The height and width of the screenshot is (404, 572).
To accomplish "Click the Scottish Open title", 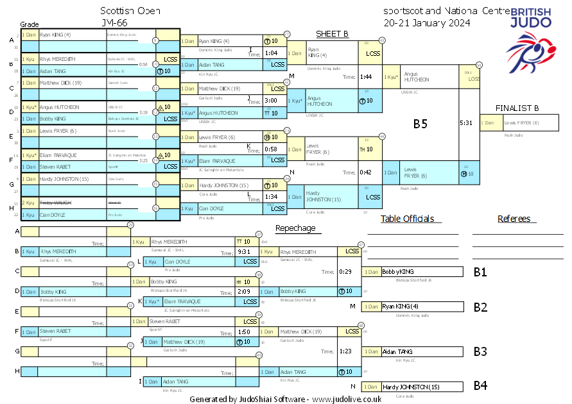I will point(131,11).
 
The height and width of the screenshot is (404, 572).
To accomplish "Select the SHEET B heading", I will point(332,34).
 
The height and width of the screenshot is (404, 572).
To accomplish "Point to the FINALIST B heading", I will point(517,108).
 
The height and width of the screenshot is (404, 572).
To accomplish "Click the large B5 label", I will point(420,124).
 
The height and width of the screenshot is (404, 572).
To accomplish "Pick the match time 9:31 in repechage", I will point(243,252).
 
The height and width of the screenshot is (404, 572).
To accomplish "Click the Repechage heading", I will point(295,228).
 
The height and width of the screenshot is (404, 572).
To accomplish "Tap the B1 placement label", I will point(480,273).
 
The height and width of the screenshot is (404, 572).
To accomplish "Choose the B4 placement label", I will point(480,386).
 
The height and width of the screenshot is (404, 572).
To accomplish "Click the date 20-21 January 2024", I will point(426,22).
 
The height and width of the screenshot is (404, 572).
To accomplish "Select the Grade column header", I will point(30,24).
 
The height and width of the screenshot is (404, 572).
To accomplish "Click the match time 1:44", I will point(367,77).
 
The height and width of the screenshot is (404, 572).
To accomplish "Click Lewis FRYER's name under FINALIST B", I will point(521,123).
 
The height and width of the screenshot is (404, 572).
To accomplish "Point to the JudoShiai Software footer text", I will point(286,398).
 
